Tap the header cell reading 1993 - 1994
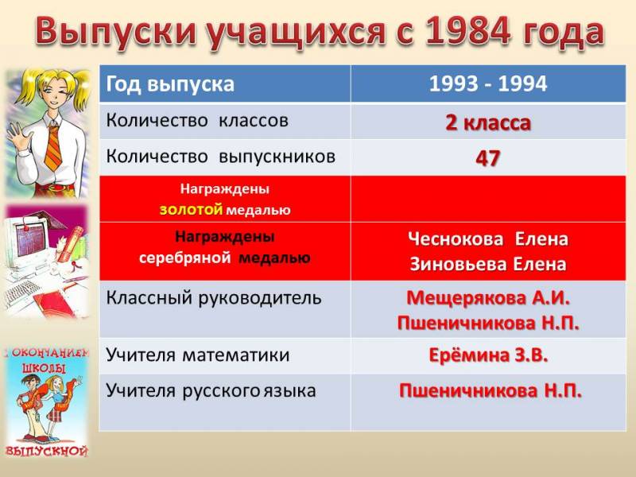click(x=488, y=83)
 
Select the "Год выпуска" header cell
click(x=225, y=83)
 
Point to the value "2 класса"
click(x=488, y=122)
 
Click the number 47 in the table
click(x=487, y=158)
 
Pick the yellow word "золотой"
click(x=191, y=209)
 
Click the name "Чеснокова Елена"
click(x=488, y=239)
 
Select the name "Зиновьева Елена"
click(x=488, y=264)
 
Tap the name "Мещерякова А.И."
click(x=488, y=297)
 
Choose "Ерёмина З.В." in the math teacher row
click(x=488, y=355)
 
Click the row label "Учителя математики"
click(x=197, y=355)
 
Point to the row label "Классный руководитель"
click(x=214, y=297)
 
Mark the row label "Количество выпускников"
click(x=221, y=157)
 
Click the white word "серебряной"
click(x=185, y=258)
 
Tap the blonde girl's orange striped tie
click(x=52, y=147)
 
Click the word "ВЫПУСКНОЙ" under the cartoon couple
click(x=46, y=451)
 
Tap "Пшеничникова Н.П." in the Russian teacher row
click(x=490, y=390)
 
